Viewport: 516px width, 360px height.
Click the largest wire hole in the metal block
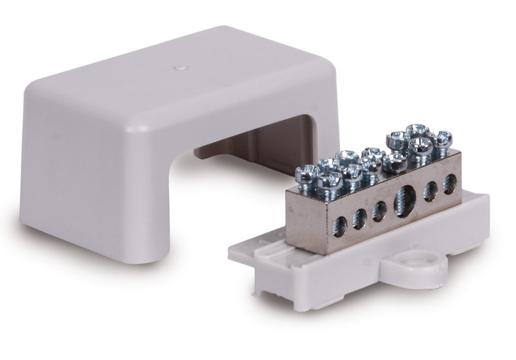point(406,196)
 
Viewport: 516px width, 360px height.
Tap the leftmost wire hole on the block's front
point(340,225)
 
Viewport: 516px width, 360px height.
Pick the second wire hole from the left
point(360,218)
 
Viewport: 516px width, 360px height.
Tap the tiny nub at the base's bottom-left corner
point(257,291)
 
